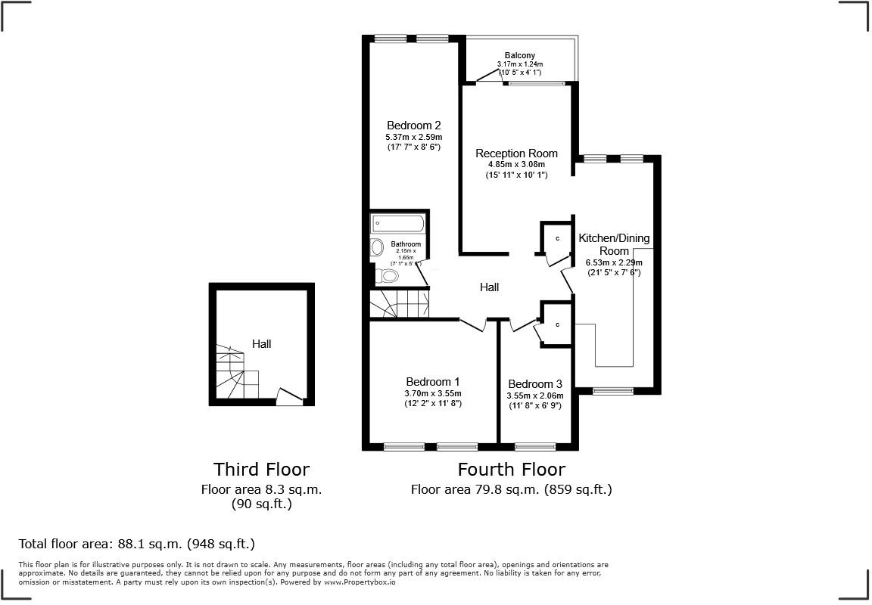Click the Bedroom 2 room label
click(x=413, y=126)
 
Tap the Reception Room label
click(x=516, y=154)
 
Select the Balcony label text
click(x=520, y=55)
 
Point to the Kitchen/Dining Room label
click(x=614, y=244)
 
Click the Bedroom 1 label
click(x=432, y=382)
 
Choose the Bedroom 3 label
click(x=534, y=384)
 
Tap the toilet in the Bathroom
click(x=388, y=276)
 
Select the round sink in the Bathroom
click(x=377, y=247)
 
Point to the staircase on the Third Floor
click(x=236, y=373)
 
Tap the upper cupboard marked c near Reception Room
click(x=556, y=238)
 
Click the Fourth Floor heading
click(x=511, y=469)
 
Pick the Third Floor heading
click(x=261, y=470)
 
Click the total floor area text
click(x=137, y=544)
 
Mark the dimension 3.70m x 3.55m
click(x=432, y=393)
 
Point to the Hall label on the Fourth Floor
click(x=489, y=287)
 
